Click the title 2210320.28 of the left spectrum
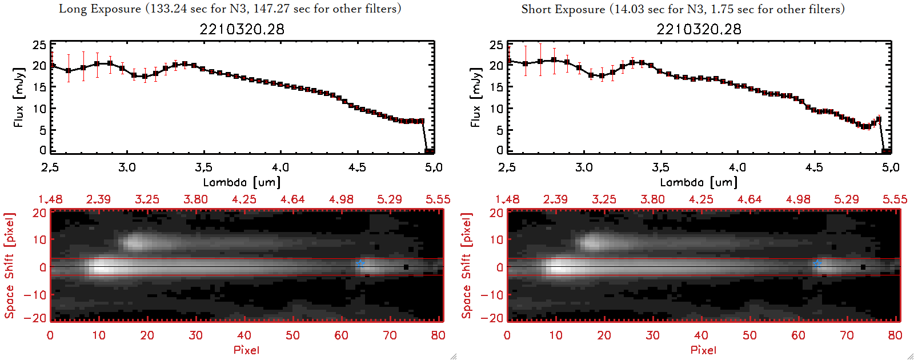[x=242, y=29]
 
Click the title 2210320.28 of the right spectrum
[x=699, y=29]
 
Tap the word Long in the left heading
[x=72, y=9]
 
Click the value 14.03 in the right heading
[x=628, y=9]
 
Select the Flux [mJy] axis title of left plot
[x=19, y=98]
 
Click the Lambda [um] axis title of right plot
[x=699, y=182]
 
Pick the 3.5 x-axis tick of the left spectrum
[x=203, y=167]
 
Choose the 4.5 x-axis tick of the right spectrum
[x=814, y=167]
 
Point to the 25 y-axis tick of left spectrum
[x=39, y=45]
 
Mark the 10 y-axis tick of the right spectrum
[x=496, y=109]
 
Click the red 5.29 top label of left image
[x=390, y=199]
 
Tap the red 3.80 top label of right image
[x=652, y=199]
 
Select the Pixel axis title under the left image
[x=246, y=350]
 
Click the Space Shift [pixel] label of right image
[x=467, y=266]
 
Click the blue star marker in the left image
[x=360, y=263]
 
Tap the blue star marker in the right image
[x=817, y=263]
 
